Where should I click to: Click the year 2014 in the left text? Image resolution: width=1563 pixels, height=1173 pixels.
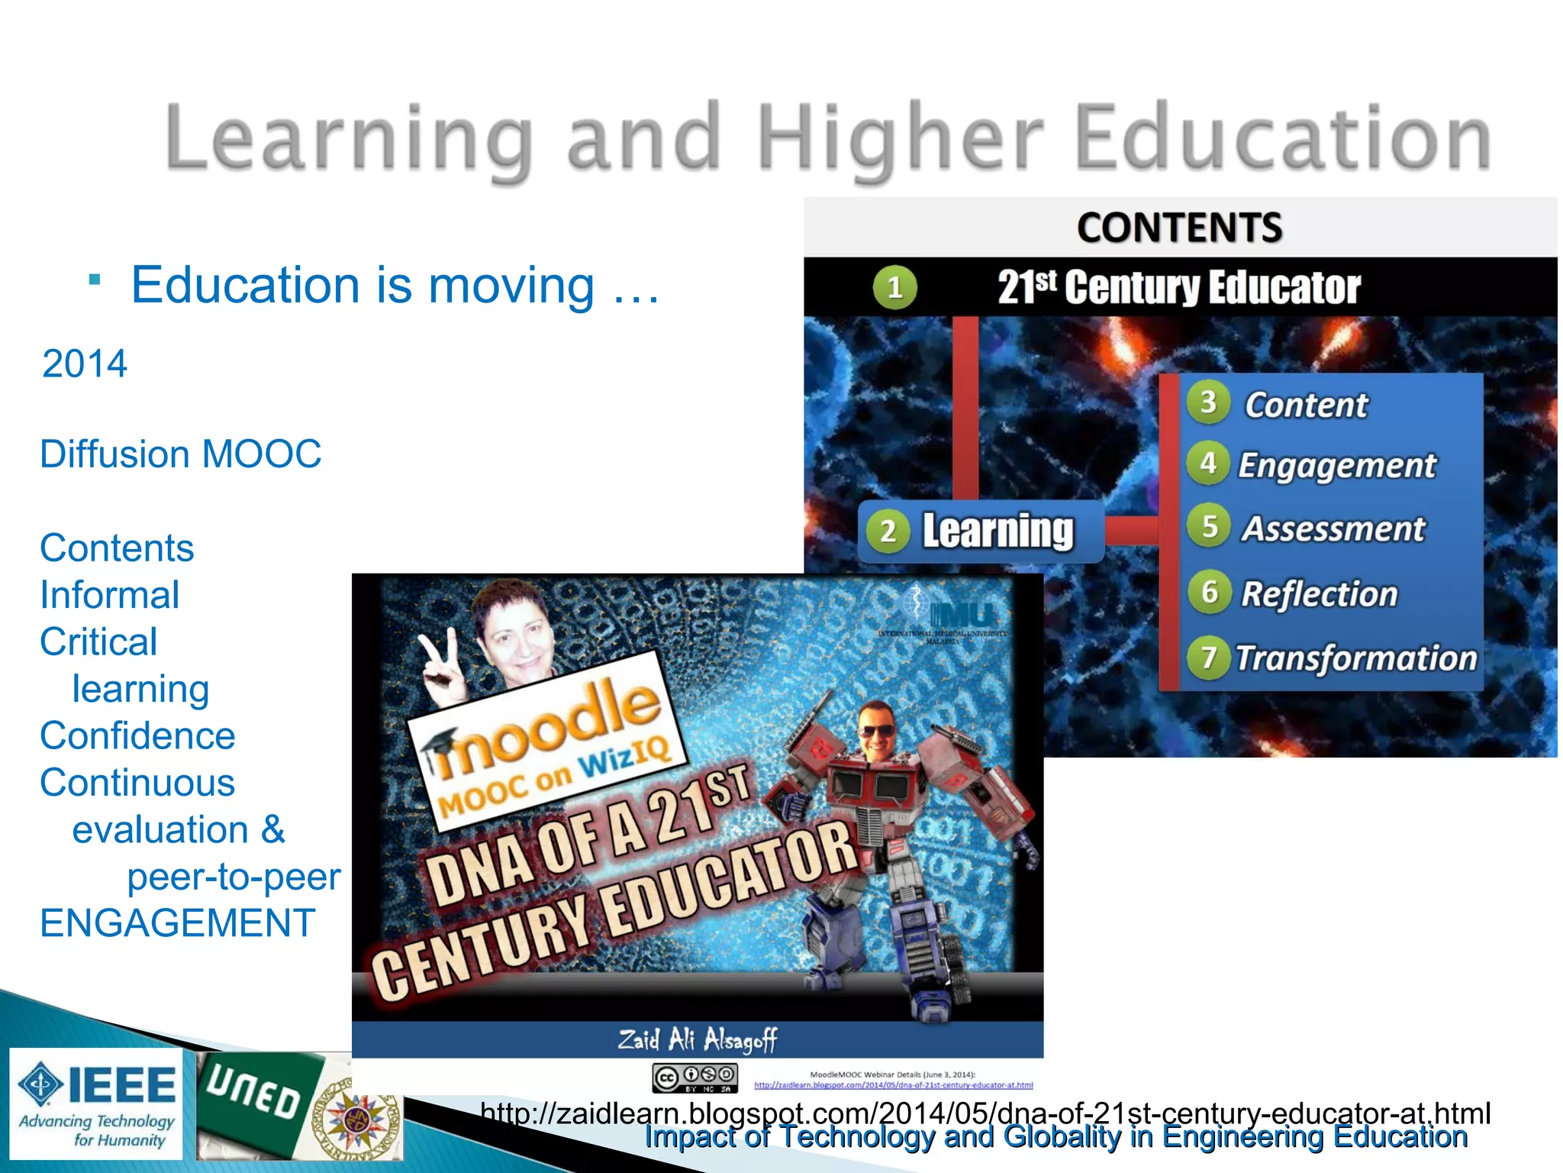[85, 364]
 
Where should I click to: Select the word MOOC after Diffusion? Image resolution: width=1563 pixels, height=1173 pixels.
[262, 454]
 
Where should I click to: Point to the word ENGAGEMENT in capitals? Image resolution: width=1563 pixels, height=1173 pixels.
[178, 923]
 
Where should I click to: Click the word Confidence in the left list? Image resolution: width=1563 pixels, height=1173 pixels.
[137, 735]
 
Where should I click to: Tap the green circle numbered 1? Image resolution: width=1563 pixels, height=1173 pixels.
[894, 288]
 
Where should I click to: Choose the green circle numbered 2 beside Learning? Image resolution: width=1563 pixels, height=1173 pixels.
[888, 531]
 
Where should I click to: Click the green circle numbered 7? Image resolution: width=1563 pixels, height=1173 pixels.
[1208, 657]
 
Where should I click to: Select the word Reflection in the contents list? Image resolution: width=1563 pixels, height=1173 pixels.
[1319, 593]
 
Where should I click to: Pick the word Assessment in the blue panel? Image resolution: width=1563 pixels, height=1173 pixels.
[1333, 528]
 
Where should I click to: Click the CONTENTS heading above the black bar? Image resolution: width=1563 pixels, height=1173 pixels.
[1179, 228]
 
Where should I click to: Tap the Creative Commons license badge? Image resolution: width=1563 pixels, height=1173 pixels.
[694, 1078]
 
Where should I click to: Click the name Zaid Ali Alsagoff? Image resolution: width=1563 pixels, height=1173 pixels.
[697, 1039]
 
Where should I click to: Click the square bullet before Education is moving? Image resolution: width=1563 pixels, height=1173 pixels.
[95, 280]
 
